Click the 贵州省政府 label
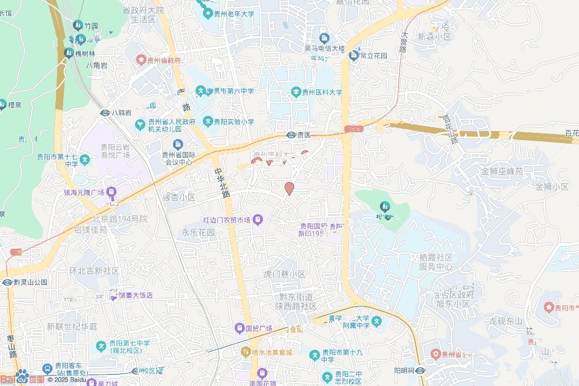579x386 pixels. click(x=163, y=60)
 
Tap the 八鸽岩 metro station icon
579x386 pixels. click(x=105, y=112)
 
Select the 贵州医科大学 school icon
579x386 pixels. click(x=295, y=92)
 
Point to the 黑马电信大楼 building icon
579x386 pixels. click(x=324, y=38)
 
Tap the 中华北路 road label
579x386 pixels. click(x=222, y=183)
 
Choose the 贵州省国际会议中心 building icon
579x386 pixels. click(x=178, y=144)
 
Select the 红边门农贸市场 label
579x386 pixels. click(x=227, y=219)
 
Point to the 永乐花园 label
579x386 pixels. click(x=198, y=232)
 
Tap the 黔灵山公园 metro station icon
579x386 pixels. click(x=8, y=282)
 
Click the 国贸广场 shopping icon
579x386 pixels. click(x=240, y=328)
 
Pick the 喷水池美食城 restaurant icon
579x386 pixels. click(x=245, y=352)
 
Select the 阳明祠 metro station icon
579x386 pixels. click(x=421, y=371)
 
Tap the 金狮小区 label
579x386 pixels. click(x=552, y=187)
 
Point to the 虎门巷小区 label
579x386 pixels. click(x=284, y=274)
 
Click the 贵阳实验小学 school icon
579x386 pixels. click(x=208, y=122)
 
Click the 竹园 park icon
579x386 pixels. click(x=78, y=25)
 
